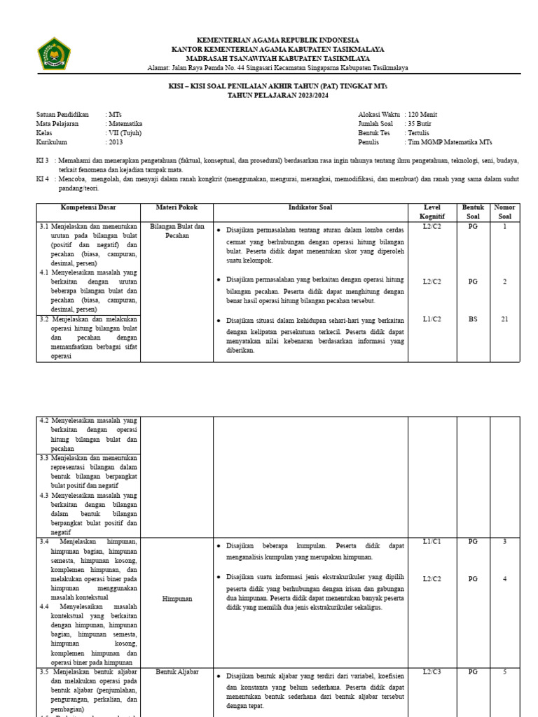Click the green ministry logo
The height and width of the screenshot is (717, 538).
tap(54, 54)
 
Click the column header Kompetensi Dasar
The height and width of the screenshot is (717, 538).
tap(88, 208)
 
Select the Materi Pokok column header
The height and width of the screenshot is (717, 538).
tap(177, 208)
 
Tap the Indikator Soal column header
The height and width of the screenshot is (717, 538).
tap(310, 208)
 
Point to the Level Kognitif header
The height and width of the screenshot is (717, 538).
tap(432, 212)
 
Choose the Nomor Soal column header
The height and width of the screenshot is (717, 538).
tap(504, 212)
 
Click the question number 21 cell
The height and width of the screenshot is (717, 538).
tap(504, 319)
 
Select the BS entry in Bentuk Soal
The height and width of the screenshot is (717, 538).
tap(473, 319)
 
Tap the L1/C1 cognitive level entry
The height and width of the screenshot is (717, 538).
tap(432, 541)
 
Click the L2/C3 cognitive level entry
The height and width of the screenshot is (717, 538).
tap(432, 671)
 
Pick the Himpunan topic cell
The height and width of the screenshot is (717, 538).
tap(177, 599)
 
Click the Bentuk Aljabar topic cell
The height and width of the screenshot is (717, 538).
tap(177, 671)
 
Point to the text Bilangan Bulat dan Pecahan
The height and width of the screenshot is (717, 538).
tap(177, 231)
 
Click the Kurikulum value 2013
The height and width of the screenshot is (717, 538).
tap(116, 142)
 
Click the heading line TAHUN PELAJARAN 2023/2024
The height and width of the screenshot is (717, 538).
tap(278, 94)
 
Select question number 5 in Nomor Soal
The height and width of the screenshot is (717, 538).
tap(504, 671)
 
